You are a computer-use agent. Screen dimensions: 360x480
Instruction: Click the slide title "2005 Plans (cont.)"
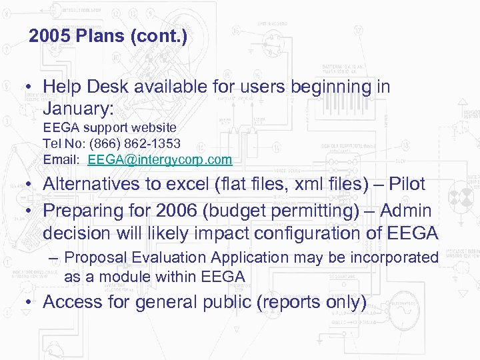[108, 36]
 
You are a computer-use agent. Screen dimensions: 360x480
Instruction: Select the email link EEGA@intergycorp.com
[160, 160]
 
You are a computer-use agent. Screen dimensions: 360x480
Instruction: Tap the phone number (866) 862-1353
[140, 143]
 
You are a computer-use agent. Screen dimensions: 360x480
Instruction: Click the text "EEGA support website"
[110, 127]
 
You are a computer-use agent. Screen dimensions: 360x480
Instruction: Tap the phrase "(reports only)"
[311, 303]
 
